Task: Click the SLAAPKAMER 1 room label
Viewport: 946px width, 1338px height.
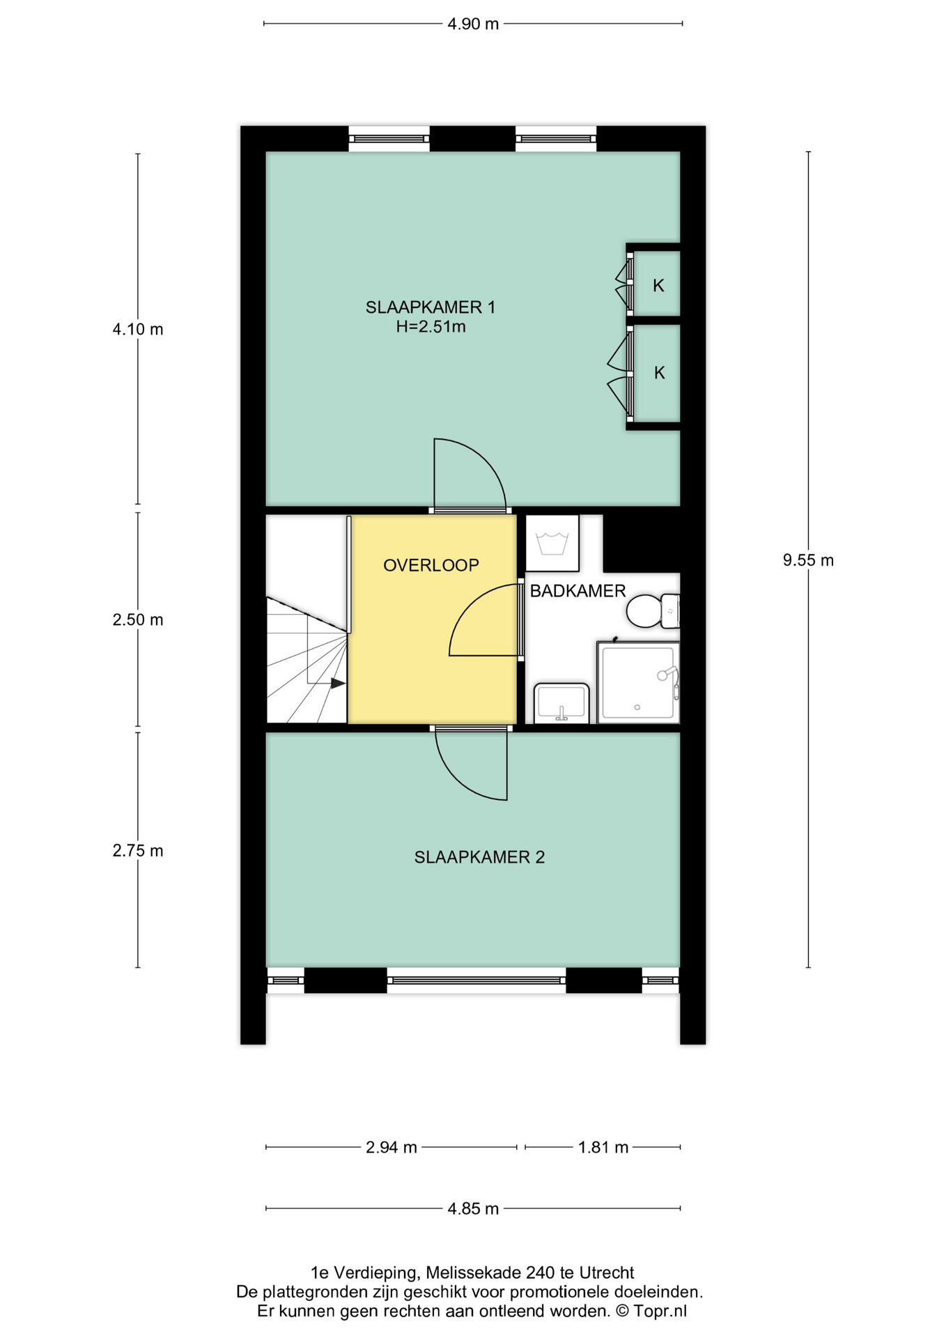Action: [x=430, y=307]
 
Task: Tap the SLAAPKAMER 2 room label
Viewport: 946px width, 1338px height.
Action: [x=479, y=857]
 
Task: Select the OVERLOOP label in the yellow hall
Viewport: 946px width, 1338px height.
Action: [x=431, y=565]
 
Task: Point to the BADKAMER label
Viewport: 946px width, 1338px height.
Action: [x=577, y=591]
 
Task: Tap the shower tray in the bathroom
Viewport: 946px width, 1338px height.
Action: [x=638, y=682]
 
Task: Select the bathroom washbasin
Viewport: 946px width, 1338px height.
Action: [x=561, y=703]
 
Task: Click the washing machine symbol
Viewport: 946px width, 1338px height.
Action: [x=552, y=544]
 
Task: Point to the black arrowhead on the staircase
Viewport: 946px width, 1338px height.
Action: [x=338, y=683]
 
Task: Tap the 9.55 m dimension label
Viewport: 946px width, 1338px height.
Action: [x=808, y=560]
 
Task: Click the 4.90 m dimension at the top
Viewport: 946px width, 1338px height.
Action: [x=473, y=24]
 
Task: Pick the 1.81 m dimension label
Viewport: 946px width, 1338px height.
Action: [x=603, y=1147]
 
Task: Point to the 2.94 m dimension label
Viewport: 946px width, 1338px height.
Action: [x=391, y=1147]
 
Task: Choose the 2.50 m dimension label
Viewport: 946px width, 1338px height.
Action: [x=138, y=620]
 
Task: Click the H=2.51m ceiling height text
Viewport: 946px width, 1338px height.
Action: [x=431, y=326]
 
